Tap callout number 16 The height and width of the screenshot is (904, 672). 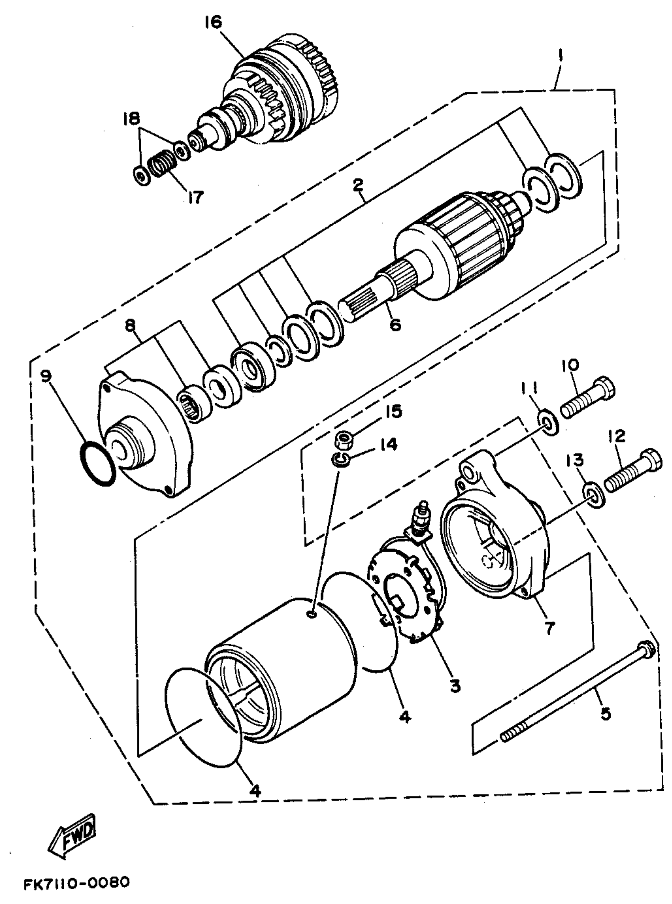213,23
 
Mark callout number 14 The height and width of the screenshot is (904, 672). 389,445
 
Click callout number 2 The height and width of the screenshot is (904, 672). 358,185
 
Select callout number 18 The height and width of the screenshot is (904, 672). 131,119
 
